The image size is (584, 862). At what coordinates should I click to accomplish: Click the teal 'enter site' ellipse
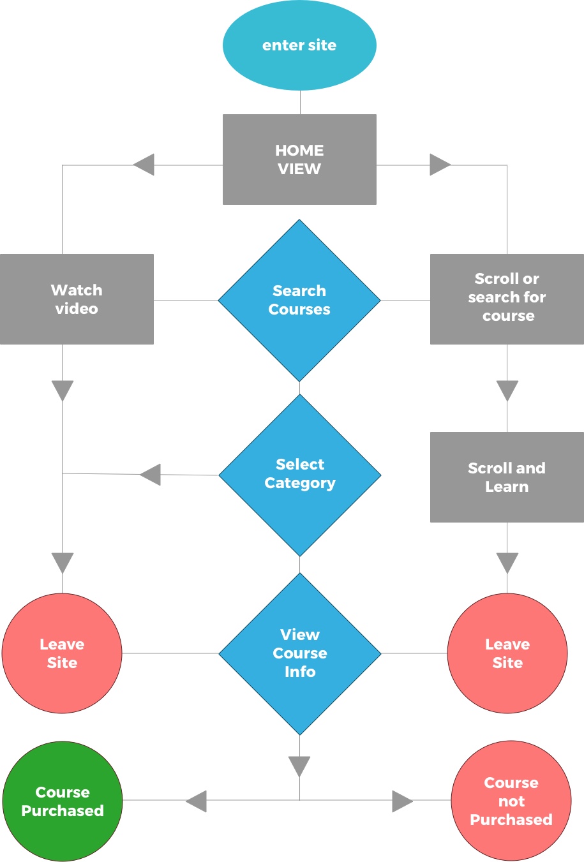click(299, 45)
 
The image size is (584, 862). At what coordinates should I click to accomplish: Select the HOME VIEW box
click(299, 160)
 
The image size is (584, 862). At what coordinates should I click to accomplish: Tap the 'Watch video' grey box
click(77, 299)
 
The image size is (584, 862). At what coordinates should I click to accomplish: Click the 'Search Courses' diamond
click(299, 301)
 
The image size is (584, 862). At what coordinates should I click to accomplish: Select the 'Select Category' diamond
click(300, 475)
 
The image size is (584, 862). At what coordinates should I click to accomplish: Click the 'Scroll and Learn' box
click(507, 477)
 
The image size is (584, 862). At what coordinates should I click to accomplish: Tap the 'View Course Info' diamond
click(300, 653)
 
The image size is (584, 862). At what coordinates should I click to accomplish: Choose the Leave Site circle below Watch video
click(62, 653)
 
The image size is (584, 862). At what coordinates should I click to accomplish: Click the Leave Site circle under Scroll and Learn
click(507, 653)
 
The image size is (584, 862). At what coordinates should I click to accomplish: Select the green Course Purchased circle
click(63, 801)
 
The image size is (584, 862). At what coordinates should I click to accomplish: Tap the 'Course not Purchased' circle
click(511, 801)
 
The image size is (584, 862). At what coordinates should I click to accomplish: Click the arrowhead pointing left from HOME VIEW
click(145, 165)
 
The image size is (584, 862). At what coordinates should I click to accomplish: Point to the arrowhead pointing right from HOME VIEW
click(439, 165)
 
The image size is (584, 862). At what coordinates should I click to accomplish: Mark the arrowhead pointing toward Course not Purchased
click(401, 801)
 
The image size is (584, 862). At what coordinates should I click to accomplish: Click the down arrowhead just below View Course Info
click(299, 766)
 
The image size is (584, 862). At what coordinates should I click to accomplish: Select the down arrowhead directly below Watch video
click(63, 390)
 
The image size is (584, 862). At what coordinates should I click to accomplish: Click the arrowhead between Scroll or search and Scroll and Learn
click(507, 390)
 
